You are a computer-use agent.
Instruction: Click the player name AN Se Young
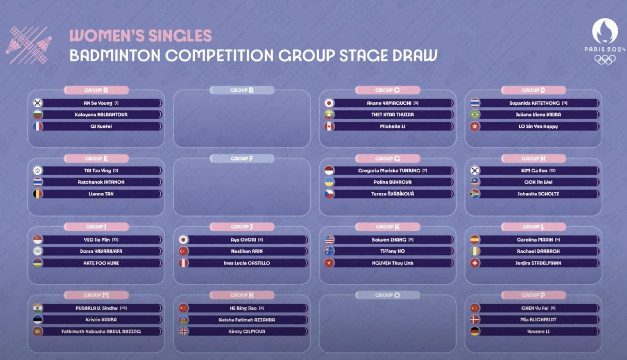click(98, 103)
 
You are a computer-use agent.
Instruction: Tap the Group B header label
click(242, 90)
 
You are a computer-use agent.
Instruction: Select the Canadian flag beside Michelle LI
click(329, 127)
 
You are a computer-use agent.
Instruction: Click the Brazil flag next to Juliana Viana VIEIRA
click(475, 115)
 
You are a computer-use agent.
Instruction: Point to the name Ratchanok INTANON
click(101, 182)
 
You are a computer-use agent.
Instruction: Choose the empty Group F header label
click(242, 158)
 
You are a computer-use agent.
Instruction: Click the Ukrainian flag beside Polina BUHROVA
click(329, 182)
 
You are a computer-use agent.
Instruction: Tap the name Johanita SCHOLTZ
click(538, 194)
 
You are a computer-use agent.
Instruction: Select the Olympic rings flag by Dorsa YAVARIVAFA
click(38, 251)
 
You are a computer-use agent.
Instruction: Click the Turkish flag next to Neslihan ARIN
click(183, 251)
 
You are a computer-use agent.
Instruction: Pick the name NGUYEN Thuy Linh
click(393, 263)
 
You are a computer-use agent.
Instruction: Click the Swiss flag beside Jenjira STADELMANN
click(475, 263)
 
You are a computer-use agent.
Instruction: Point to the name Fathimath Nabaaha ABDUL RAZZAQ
click(101, 331)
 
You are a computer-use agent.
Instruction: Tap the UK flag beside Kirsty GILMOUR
click(183, 331)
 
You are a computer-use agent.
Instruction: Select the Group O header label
click(388, 295)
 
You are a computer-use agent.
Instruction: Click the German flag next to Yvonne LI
click(475, 331)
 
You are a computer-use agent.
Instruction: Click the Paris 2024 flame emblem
click(605, 31)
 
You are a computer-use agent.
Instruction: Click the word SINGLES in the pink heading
click(180, 36)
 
